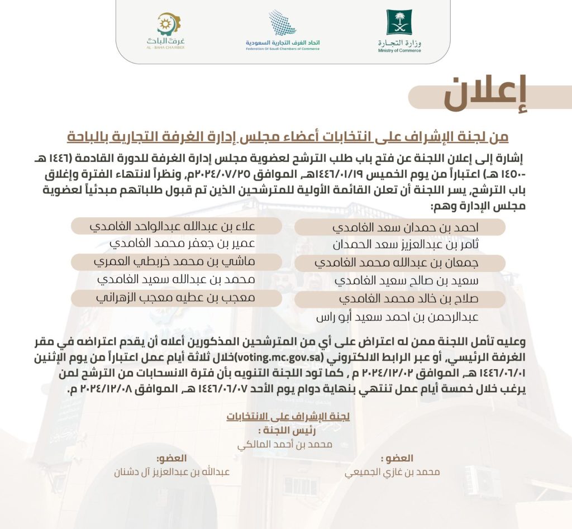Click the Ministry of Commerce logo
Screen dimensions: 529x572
tap(399, 30)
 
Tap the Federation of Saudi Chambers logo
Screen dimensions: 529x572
tap(283, 30)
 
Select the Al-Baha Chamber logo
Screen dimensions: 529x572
tap(165, 30)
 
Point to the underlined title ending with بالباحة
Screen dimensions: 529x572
tap(288, 136)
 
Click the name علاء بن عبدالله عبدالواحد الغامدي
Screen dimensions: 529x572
tap(173, 226)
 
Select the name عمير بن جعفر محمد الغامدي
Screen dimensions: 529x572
tap(182, 244)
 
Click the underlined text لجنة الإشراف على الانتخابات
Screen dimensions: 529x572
tap(288, 417)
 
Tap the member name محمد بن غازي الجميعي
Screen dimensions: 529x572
tap(392, 472)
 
